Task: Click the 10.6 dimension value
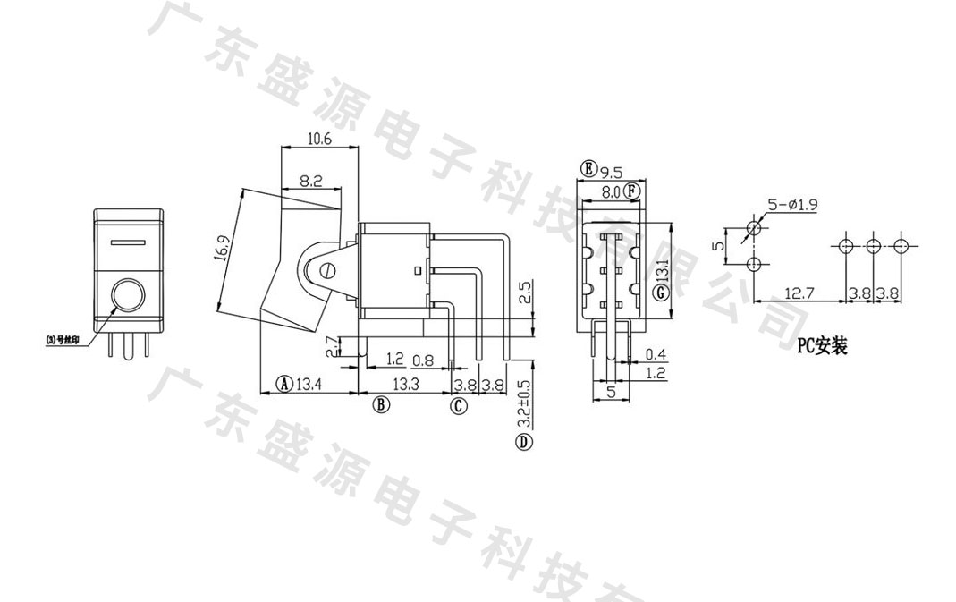[319, 139]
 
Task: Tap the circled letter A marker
[283, 385]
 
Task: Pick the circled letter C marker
[458, 406]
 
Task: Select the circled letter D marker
[524, 442]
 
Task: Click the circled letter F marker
[632, 191]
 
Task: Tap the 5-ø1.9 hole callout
[793, 205]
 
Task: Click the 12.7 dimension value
[798, 293]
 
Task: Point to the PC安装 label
[821, 346]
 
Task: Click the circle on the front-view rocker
[127, 295]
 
